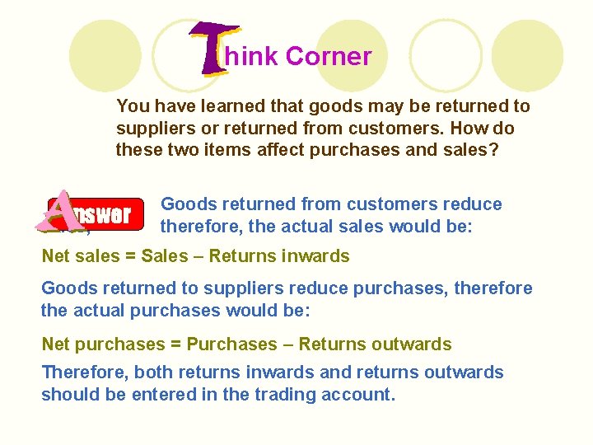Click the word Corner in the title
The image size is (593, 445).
pos(329,57)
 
